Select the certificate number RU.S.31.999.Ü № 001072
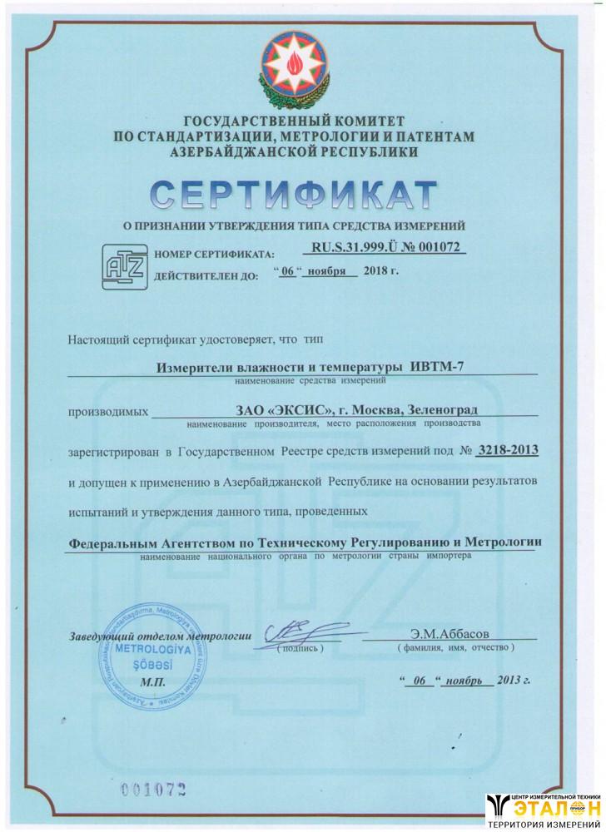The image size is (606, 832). click(x=384, y=247)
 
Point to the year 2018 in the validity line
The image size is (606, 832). click(x=378, y=271)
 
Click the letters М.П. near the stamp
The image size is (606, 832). click(x=154, y=681)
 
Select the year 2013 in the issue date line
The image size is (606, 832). click(x=511, y=680)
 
